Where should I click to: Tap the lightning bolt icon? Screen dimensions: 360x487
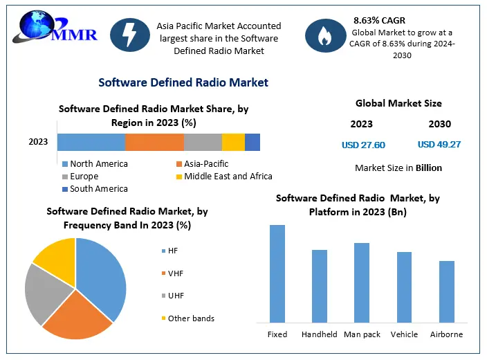click(x=130, y=35)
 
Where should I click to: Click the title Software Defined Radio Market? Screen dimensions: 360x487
click(x=183, y=82)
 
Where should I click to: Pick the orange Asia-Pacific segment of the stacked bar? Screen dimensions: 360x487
click(x=154, y=142)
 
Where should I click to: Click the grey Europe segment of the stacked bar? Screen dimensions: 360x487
click(x=203, y=142)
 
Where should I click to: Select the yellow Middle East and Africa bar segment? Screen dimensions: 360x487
click(x=233, y=142)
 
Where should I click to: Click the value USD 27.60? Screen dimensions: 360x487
click(x=363, y=145)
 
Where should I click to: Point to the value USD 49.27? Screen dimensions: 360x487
click(x=439, y=145)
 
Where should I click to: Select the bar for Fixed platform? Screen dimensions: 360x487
click(x=277, y=273)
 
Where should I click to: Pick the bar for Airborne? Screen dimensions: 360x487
click(x=447, y=291)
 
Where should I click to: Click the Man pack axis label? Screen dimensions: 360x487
click(x=362, y=334)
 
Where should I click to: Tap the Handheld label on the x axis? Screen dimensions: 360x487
click(x=320, y=334)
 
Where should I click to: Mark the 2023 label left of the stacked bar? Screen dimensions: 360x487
click(x=38, y=142)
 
